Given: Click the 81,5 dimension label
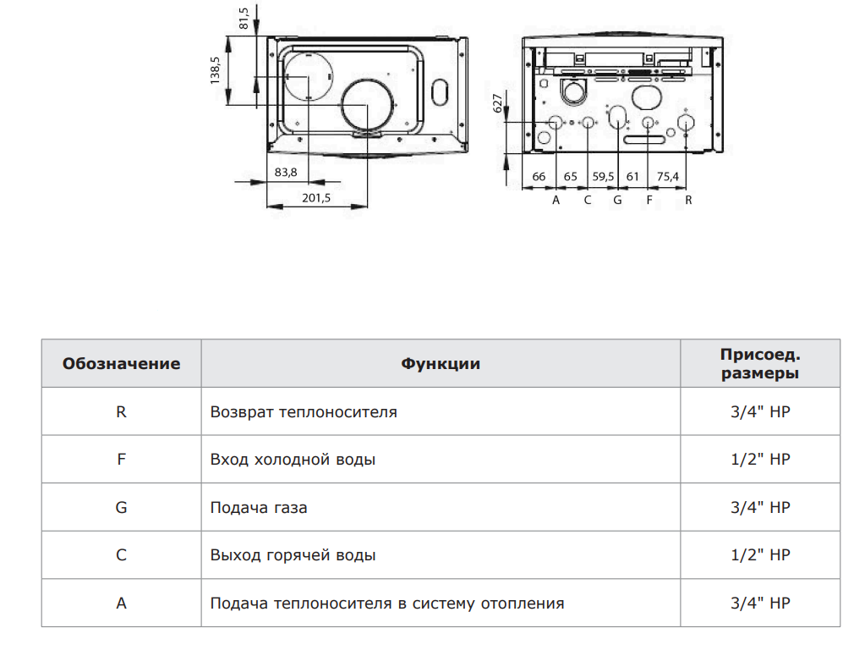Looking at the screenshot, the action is (244, 18).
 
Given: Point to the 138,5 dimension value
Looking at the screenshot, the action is (215, 70).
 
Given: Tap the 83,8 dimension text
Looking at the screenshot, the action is (286, 173).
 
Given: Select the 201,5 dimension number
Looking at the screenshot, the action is (316, 198).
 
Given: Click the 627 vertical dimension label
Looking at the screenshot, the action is (497, 103).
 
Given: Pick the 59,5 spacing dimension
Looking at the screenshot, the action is (603, 177).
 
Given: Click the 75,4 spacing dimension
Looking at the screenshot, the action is (668, 177).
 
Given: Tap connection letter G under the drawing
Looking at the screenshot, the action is (617, 200).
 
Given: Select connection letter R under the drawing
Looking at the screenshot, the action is (688, 200).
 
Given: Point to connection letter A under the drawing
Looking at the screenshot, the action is (556, 200).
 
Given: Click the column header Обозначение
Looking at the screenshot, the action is (122, 364).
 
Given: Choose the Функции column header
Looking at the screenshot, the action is (441, 364).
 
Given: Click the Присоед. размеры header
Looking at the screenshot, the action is (760, 364).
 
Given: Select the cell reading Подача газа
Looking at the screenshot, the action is (259, 508).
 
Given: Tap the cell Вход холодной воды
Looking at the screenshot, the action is (293, 460).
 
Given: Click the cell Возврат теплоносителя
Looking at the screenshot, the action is (304, 411).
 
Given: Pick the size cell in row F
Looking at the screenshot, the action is (760, 459).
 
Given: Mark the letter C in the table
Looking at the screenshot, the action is (122, 555).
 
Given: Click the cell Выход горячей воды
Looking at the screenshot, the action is (293, 555).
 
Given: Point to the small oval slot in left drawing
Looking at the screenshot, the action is (440, 92).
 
